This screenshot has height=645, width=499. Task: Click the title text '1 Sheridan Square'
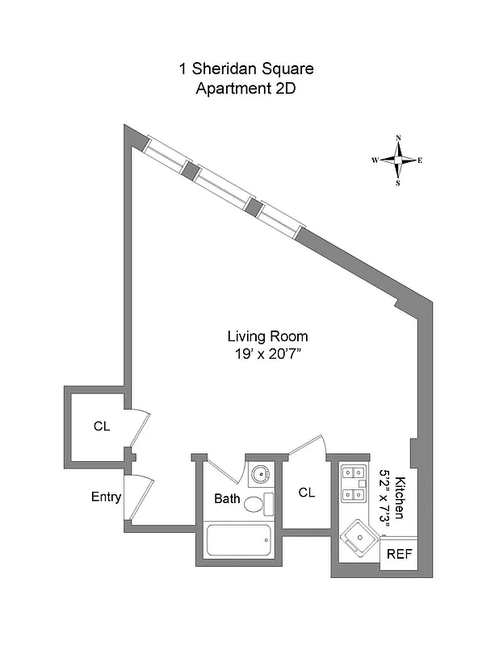click(x=246, y=69)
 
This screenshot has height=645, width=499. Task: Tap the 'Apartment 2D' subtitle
click(x=246, y=88)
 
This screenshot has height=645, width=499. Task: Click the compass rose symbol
click(x=398, y=160)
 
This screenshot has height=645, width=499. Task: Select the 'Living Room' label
click(x=267, y=336)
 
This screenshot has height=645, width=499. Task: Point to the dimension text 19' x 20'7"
click(x=267, y=352)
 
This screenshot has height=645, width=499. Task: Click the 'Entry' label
click(x=106, y=497)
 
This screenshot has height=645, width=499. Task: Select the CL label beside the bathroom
click(x=307, y=491)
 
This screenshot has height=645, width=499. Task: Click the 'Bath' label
click(x=227, y=499)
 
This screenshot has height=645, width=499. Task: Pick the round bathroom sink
click(x=260, y=474)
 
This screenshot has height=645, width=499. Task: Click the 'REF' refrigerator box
click(x=399, y=554)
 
